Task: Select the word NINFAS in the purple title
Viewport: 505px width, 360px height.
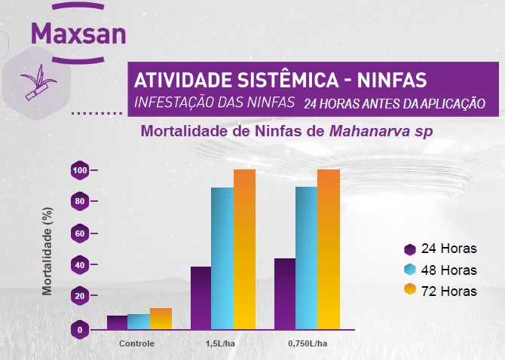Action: coord(394,79)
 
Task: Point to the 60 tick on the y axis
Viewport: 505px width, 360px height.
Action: coord(79,234)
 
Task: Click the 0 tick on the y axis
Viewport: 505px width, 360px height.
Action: coord(79,330)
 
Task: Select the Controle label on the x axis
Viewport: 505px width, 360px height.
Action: coord(137,343)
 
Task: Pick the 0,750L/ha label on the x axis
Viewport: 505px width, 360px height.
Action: coord(308,343)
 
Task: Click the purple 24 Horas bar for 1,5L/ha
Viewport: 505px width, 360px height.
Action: coord(201,297)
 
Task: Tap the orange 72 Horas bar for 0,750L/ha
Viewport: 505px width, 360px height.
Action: coord(329,249)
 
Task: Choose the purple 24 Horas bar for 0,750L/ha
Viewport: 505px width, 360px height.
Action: coord(285,294)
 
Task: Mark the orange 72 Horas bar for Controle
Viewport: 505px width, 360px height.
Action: coord(161,319)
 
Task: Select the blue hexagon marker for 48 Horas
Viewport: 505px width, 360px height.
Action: coord(411,270)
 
